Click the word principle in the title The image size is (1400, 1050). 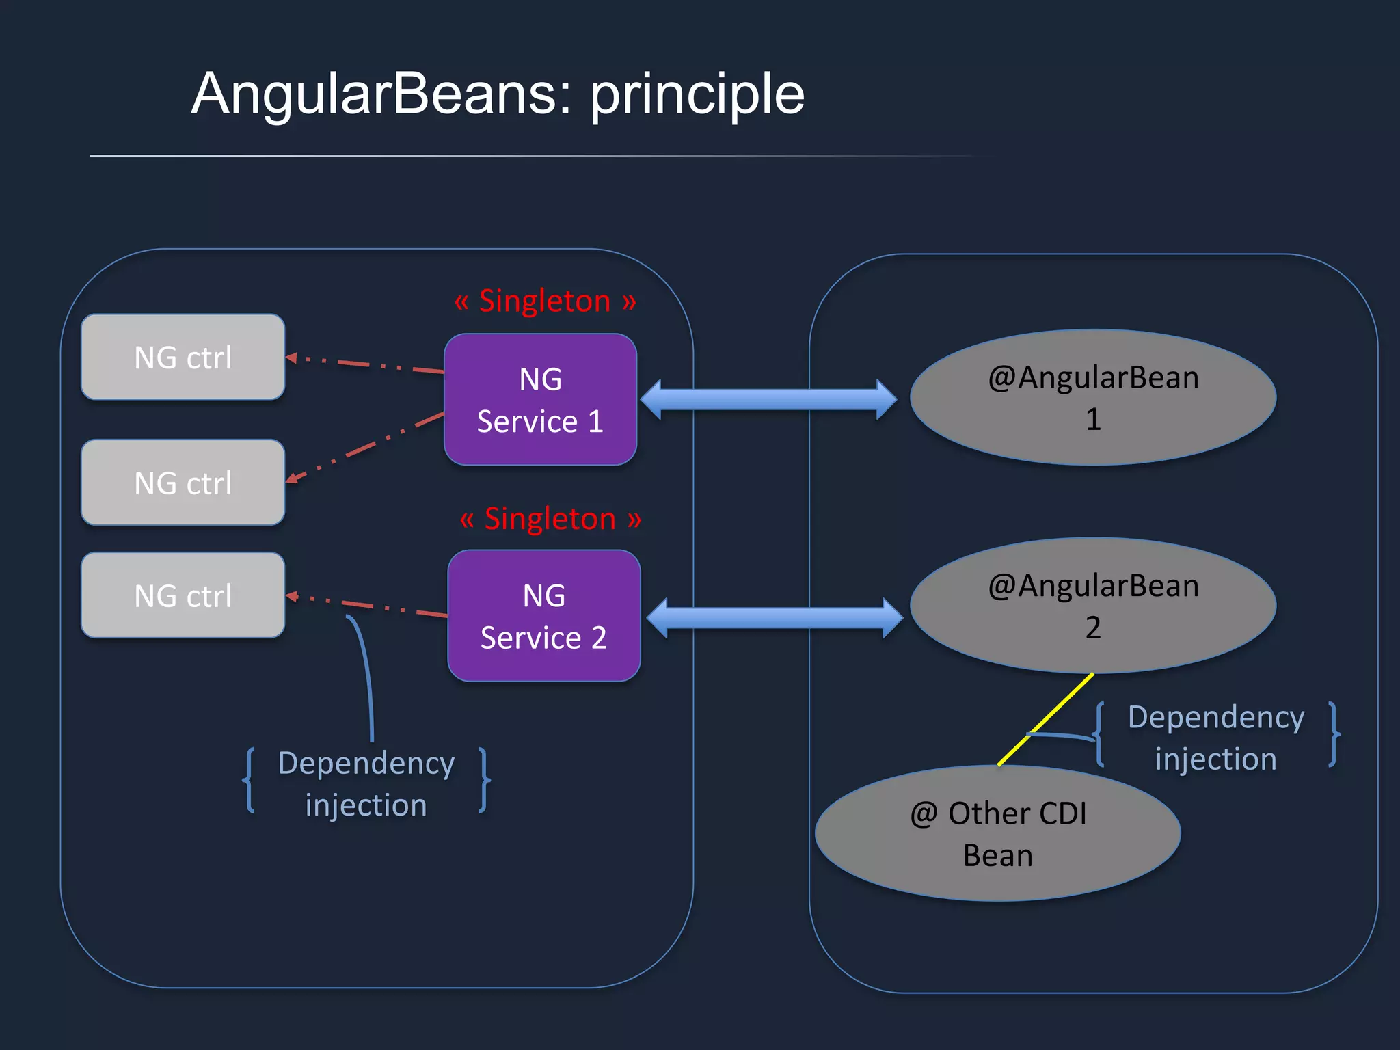coord(697,94)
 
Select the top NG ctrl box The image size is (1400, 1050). coord(183,357)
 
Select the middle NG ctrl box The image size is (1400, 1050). coord(183,483)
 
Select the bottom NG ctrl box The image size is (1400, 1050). coord(183,595)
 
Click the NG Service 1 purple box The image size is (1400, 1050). coord(540,400)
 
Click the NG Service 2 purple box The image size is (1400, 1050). coord(543,616)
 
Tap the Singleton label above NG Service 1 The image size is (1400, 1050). coord(545,301)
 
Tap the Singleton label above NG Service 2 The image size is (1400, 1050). coord(550,519)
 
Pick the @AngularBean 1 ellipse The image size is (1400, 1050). coord(1092,398)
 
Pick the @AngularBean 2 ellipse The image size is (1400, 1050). coord(1092,606)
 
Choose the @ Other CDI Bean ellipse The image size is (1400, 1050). coord(997,834)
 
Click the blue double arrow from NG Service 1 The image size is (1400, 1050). coord(768,400)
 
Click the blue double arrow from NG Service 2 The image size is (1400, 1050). coord(774,618)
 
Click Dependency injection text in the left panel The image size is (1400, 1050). coord(366,783)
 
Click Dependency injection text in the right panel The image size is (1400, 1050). coord(1215,738)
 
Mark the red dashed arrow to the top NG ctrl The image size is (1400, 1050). coord(366,364)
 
